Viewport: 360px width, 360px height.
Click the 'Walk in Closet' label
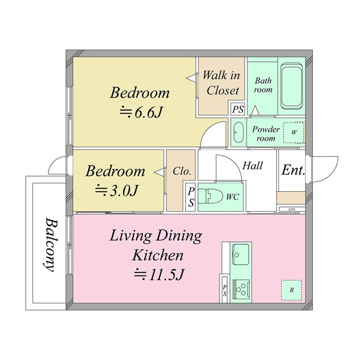[221, 82]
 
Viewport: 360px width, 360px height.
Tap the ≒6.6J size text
[140, 112]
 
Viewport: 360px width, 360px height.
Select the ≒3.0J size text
[116, 190]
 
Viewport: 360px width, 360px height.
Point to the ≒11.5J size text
[159, 275]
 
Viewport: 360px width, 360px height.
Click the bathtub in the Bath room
[292, 87]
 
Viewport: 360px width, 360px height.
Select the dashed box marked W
[293, 133]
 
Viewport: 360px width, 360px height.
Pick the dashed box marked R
[291, 290]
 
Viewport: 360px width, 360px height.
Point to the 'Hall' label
[253, 166]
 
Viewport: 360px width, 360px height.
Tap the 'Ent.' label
[293, 170]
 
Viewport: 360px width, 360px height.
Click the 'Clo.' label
[182, 171]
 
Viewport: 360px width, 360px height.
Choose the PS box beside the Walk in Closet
[237, 109]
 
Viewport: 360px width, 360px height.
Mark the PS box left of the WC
[191, 197]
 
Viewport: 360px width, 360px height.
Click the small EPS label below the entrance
[292, 210]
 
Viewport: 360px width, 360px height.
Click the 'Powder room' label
[266, 133]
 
